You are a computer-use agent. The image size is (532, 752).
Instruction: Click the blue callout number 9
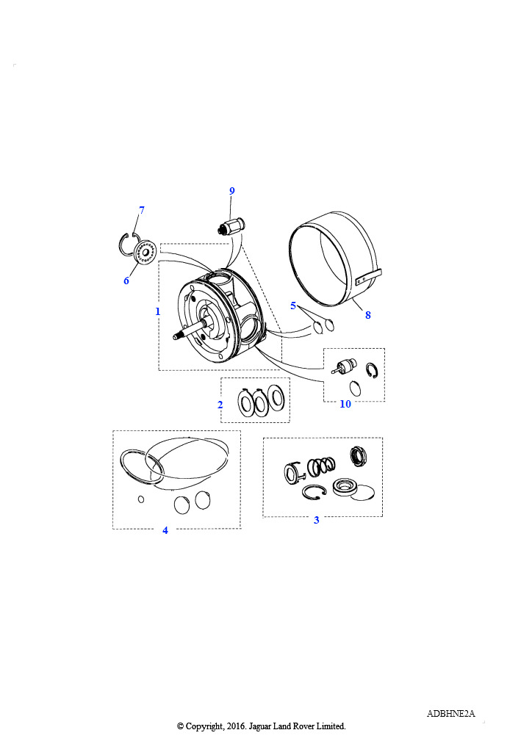(x=232, y=191)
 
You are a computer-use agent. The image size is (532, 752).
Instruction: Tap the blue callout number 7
(x=142, y=210)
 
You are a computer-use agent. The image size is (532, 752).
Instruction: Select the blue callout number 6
(x=126, y=281)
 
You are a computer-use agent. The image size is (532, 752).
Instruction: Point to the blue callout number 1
(x=157, y=311)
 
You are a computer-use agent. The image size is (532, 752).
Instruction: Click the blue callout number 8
(x=368, y=315)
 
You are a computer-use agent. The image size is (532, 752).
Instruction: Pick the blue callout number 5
(x=293, y=305)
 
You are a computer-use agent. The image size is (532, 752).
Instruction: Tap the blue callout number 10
(x=345, y=405)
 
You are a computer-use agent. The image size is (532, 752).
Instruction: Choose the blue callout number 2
(x=220, y=405)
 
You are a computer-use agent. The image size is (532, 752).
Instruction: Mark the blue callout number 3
(x=317, y=520)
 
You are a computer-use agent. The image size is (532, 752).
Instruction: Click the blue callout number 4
(x=165, y=530)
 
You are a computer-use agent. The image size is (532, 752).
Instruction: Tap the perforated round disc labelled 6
(x=145, y=253)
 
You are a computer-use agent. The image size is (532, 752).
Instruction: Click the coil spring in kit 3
(x=321, y=466)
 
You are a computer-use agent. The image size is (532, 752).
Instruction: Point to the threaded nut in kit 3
(x=359, y=455)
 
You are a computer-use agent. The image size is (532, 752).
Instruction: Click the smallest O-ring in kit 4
(x=141, y=499)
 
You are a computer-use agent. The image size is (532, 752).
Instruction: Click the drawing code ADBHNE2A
(x=451, y=714)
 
